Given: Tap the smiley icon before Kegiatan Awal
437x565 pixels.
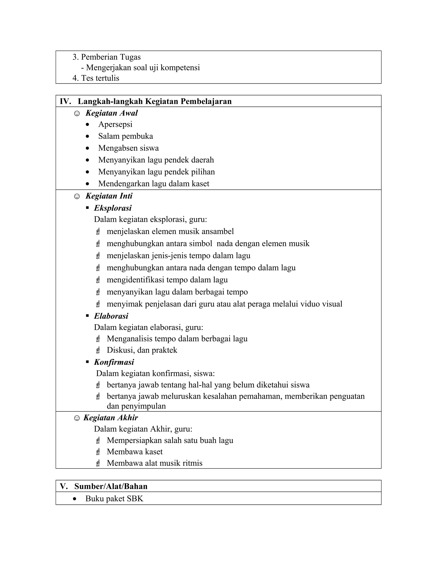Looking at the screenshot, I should point(77,114).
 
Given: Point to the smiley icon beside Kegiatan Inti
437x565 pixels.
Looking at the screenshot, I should point(77,196).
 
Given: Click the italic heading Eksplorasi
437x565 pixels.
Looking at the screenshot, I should point(113,208).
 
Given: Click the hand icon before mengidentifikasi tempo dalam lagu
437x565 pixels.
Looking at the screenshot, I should point(98,280).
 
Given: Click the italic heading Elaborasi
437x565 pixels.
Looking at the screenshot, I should point(111,316).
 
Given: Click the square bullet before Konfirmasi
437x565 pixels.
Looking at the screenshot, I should point(87,362).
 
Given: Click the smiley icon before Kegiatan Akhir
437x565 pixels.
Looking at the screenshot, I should point(77,418).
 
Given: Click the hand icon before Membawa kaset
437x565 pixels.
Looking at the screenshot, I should point(98,452).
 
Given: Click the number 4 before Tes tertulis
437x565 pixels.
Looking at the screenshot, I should point(75,78).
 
